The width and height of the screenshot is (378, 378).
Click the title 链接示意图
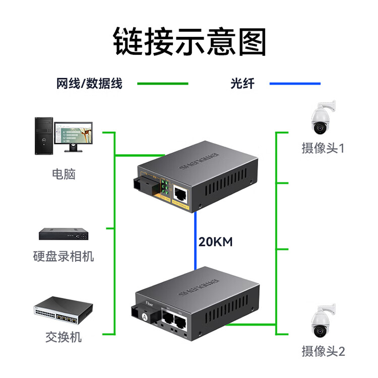click(189, 41)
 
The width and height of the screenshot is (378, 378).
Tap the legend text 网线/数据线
click(89, 84)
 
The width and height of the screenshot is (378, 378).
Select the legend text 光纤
click(242, 84)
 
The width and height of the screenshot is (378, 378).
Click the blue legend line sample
click(295, 84)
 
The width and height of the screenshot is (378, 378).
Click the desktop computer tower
click(43, 136)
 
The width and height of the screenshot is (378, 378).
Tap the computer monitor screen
click(74, 133)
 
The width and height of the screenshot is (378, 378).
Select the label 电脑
click(64, 174)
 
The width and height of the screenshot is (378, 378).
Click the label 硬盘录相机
click(64, 257)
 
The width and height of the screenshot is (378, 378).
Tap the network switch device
click(64, 313)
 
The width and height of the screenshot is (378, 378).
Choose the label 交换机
click(64, 337)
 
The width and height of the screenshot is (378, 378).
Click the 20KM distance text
click(215, 242)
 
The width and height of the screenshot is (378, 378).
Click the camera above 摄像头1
click(321, 119)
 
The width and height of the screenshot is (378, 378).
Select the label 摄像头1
click(323, 149)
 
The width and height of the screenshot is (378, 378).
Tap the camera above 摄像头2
click(321, 323)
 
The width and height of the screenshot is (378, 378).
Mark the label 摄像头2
click(323, 351)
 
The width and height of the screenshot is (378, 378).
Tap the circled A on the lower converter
click(146, 317)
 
